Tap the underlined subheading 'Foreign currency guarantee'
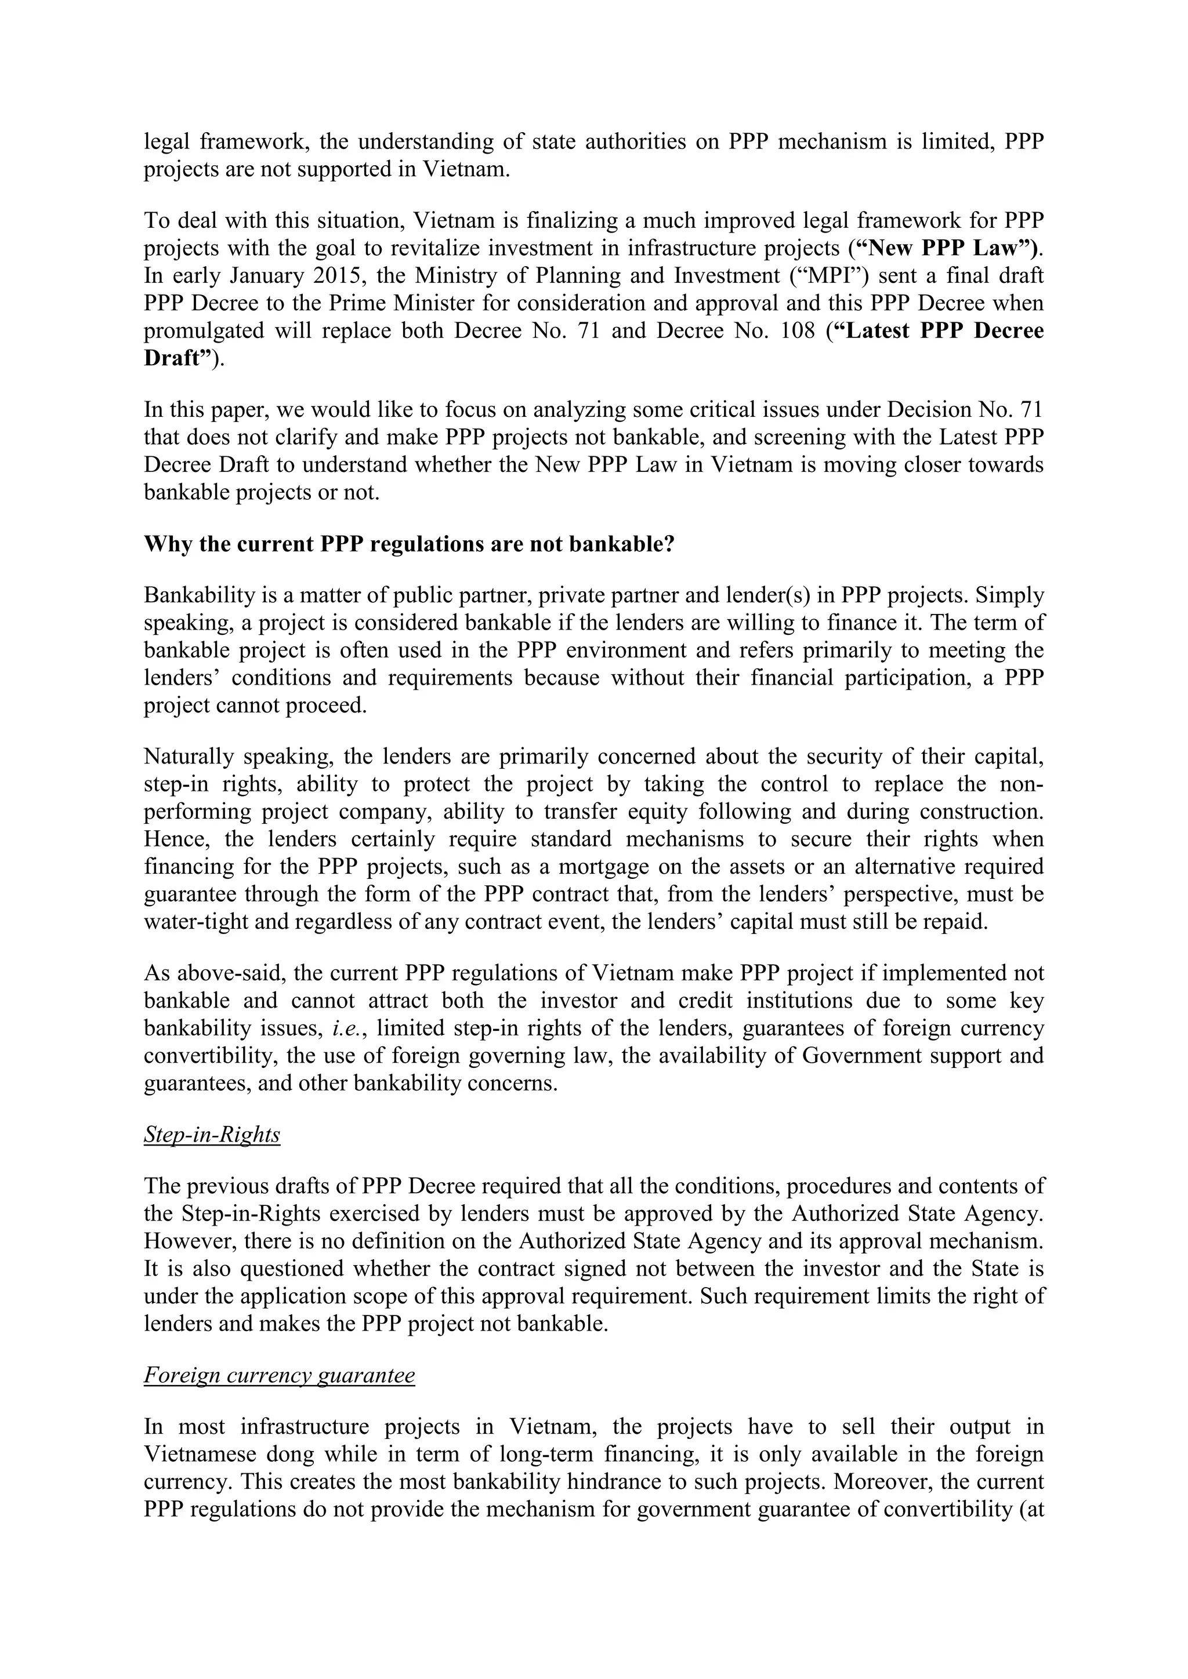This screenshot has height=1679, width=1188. (280, 1376)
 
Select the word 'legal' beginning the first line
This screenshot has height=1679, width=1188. (165, 141)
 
